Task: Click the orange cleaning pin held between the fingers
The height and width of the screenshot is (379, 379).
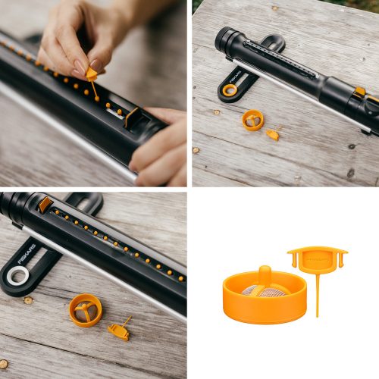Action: (x=92, y=74)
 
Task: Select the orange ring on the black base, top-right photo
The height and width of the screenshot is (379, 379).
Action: (x=229, y=90)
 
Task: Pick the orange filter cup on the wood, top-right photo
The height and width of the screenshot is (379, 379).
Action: (x=252, y=120)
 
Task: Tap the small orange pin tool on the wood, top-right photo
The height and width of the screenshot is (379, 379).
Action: (x=272, y=134)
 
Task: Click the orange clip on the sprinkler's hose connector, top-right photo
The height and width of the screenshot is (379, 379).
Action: (x=359, y=92)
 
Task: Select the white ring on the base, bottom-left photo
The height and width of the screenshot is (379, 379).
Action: (x=17, y=276)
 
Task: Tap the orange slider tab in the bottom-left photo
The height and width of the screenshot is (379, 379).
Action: (x=45, y=203)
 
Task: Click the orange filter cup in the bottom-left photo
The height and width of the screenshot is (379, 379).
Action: (x=85, y=309)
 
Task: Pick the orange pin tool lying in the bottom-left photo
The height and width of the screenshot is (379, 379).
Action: (x=119, y=330)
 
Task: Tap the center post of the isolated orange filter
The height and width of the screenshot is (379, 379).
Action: (x=265, y=276)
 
